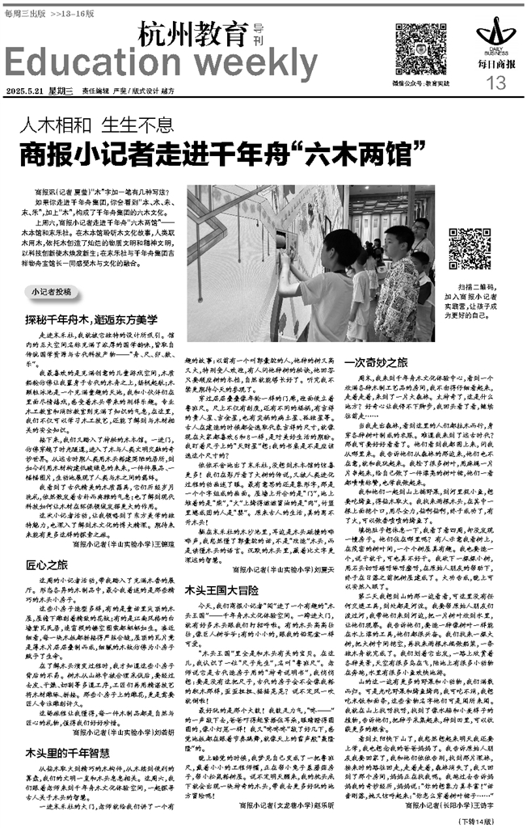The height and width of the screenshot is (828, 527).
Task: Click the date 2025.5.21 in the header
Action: tap(25, 90)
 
